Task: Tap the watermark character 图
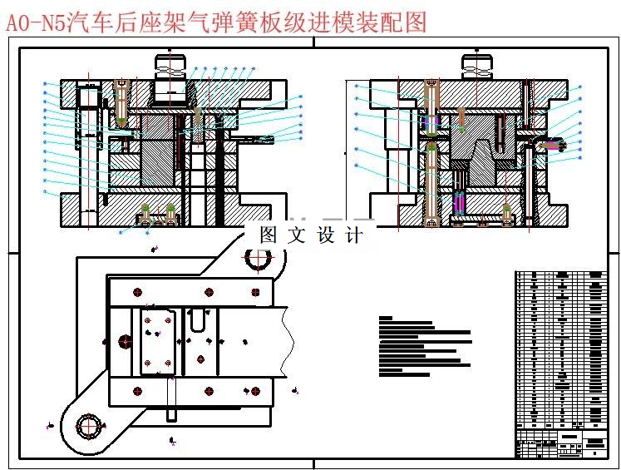pyautogui.click(x=268, y=235)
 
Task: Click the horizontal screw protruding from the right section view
pyautogui.click(x=551, y=146)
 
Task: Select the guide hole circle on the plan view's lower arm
pyautogui.click(x=86, y=426)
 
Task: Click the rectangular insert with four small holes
pyautogui.click(x=157, y=341)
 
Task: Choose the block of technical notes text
pyautogui.click(x=424, y=346)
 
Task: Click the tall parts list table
pyautogui.click(x=561, y=349)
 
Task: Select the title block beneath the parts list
pyautogui.click(x=561, y=443)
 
